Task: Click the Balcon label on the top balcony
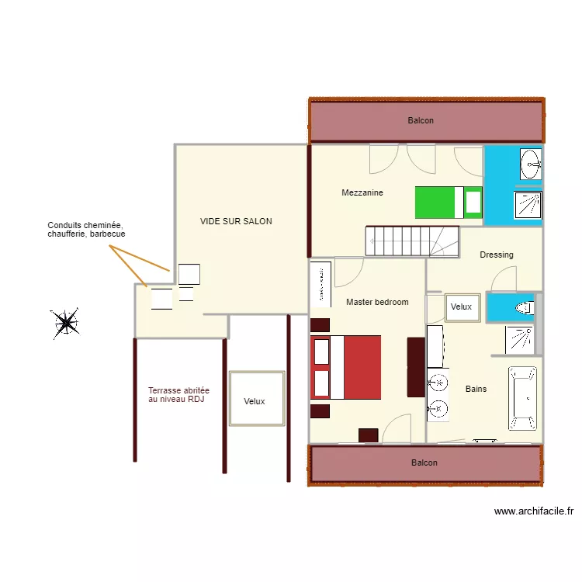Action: [421, 120]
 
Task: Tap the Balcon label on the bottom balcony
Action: [424, 462]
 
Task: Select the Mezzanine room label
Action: [362, 192]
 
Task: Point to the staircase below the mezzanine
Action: [412, 241]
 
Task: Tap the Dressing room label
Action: [496, 255]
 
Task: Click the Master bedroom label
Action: [377, 302]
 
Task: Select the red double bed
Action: [346, 367]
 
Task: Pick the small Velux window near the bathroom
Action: [461, 307]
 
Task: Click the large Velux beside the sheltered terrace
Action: [255, 400]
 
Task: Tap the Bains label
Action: [476, 389]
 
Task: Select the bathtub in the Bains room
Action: [523, 398]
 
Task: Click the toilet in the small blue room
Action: [525, 307]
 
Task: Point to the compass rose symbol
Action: [65, 323]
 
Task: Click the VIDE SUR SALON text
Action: [236, 221]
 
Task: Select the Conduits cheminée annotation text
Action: [86, 229]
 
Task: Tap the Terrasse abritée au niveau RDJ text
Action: [178, 395]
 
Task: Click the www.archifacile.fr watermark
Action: [533, 511]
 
